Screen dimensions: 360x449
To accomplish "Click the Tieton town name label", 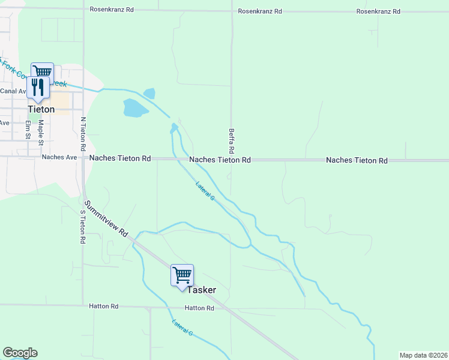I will pyautogui.click(x=41, y=110).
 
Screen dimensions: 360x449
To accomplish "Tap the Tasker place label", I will pyautogui.click(x=201, y=290).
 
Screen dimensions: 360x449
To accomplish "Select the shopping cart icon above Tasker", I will pyautogui.click(x=182, y=275).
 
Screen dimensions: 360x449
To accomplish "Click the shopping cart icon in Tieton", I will pyautogui.click(x=42, y=72).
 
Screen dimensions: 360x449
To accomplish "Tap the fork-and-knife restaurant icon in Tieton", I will pyautogui.click(x=38, y=87).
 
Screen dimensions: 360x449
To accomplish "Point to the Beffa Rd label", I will pyautogui.click(x=231, y=139).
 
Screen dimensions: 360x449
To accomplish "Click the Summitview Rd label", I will pyautogui.click(x=106, y=218).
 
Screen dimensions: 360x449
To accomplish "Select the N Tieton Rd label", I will pyautogui.click(x=83, y=133).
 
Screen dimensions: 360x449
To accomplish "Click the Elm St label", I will pyautogui.click(x=28, y=130).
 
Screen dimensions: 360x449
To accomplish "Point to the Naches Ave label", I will pyautogui.click(x=59, y=157).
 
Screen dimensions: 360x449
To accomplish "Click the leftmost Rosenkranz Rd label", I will pyautogui.click(x=112, y=10).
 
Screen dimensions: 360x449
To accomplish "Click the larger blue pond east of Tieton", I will pyautogui.click(x=135, y=108).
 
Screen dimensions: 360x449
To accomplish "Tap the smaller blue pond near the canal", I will pyautogui.click(x=149, y=94).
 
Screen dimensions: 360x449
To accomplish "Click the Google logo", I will pyautogui.click(x=20, y=353).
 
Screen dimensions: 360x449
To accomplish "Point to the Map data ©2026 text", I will pyautogui.click(x=423, y=355).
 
